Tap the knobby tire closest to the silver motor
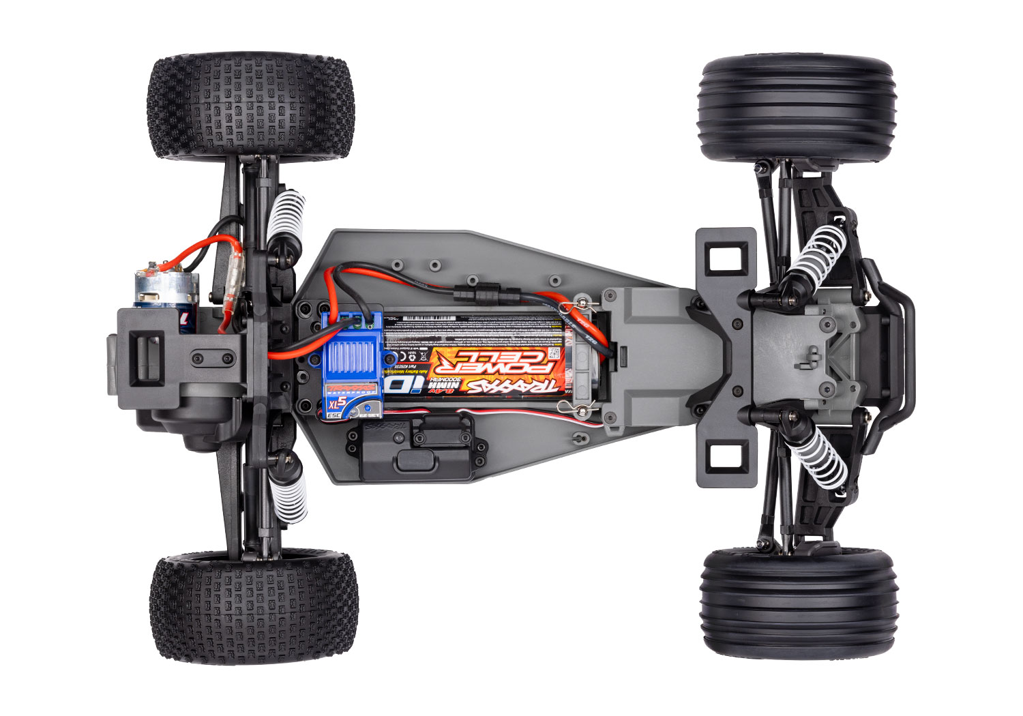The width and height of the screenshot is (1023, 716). click(250, 107)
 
